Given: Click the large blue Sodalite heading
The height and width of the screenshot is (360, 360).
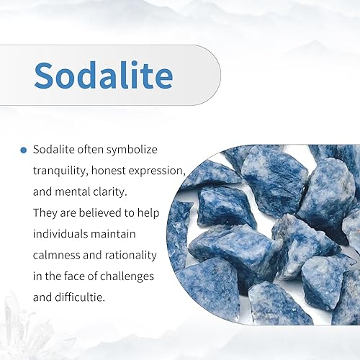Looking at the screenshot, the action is point(104,75).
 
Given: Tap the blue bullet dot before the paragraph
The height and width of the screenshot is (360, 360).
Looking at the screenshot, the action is point(24,150).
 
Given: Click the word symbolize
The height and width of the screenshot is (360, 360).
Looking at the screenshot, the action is point(132,150).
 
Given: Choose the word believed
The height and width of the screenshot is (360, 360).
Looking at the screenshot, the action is point(100,213).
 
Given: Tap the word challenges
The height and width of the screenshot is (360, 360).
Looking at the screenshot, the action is point(127,276).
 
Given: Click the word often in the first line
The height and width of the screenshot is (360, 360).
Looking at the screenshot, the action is point(90,150).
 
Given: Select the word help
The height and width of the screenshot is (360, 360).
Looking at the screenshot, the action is point(148,213).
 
